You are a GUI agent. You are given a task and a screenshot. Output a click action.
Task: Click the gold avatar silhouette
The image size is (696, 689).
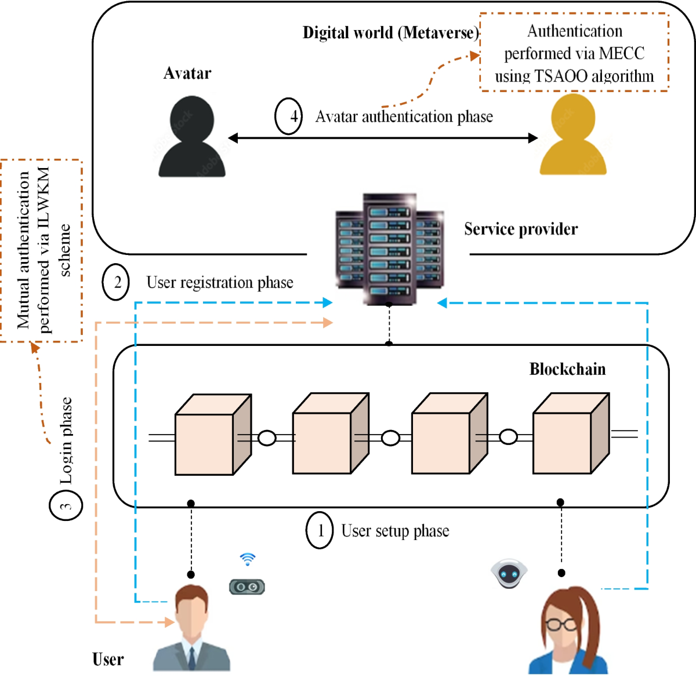[573, 136]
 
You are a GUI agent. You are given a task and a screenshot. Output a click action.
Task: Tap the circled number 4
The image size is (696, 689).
[288, 116]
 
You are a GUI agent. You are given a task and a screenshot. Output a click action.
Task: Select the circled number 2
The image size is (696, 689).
[116, 282]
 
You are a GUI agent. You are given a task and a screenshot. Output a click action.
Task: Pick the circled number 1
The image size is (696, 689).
[320, 530]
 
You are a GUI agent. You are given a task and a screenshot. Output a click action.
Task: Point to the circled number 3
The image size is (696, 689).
[66, 505]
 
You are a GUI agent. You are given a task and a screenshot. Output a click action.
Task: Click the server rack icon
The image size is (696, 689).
[389, 249]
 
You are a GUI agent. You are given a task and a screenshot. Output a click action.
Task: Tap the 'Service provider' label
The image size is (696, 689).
[520, 229]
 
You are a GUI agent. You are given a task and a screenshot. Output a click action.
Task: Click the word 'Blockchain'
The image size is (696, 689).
[567, 369]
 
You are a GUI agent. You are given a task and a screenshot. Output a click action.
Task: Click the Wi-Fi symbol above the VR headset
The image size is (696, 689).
[248, 559]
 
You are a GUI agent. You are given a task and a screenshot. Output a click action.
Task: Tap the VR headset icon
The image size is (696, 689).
[247, 587]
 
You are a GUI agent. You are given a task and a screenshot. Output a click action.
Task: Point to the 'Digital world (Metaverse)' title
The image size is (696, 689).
[390, 32]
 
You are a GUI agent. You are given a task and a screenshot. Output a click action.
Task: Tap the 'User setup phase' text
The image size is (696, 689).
[395, 531]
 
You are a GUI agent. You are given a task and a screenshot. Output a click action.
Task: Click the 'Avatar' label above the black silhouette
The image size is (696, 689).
[187, 73]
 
